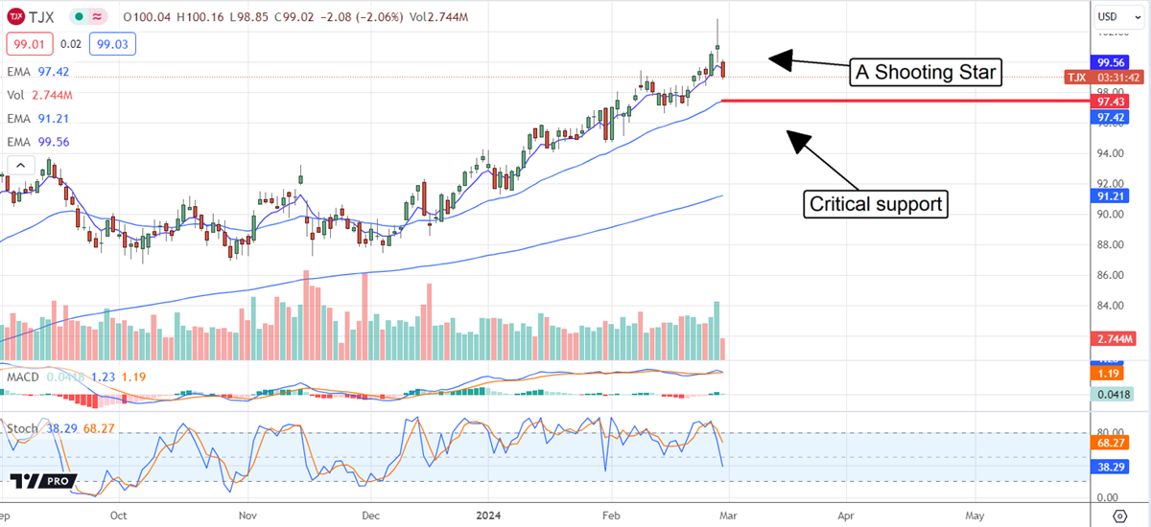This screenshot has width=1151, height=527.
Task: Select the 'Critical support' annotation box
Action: click(874, 204)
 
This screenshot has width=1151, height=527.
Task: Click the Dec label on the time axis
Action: click(371, 514)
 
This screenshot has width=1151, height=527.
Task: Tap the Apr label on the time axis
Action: click(845, 514)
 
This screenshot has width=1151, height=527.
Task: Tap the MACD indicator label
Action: click(24, 378)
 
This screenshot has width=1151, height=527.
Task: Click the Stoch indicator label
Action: click(24, 427)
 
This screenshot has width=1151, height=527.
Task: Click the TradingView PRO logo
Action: click(40, 482)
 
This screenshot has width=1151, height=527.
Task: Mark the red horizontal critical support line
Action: click(902, 101)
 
